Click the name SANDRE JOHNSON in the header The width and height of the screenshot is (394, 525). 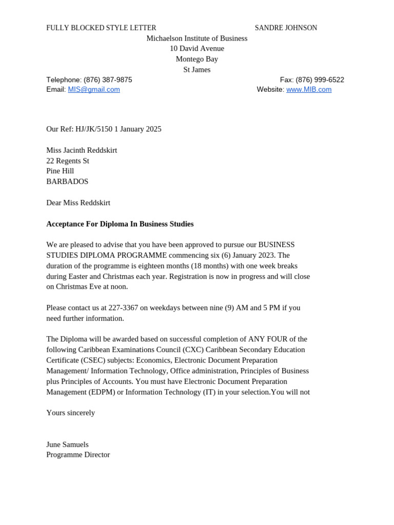pos(286,28)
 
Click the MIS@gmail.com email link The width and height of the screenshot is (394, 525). pos(94,89)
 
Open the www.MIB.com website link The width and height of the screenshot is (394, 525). pos(309,89)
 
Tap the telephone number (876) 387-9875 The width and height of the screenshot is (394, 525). pos(108,80)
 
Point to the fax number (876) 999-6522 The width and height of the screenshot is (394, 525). pos(320,80)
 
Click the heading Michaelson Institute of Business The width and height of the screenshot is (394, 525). pos(197,38)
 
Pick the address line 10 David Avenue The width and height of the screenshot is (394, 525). pos(197,49)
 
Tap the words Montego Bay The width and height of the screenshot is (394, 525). pos(197,59)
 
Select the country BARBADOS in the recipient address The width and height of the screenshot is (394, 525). pos(67,181)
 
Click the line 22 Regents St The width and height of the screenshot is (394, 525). pos(68,161)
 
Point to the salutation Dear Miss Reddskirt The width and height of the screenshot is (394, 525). pos(78,203)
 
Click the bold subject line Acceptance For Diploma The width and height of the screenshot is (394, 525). pos(120,224)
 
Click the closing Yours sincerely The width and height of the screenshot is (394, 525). pos(70,413)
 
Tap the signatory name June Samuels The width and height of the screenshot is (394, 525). pos(67,445)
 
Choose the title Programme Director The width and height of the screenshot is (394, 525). pos(78,455)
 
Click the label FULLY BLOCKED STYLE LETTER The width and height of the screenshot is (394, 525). pos(101,28)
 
